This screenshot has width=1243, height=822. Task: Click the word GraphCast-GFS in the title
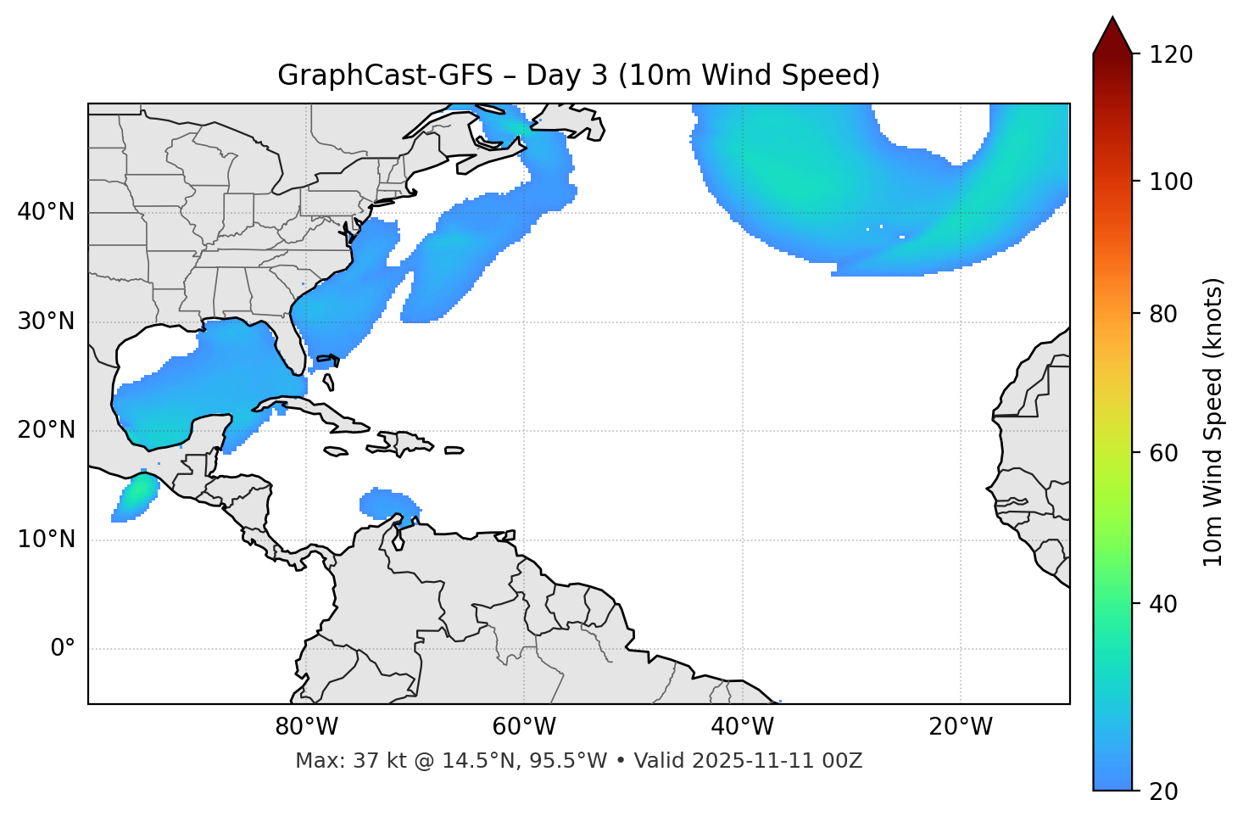[385, 75]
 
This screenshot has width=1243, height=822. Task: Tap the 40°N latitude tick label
[46, 212]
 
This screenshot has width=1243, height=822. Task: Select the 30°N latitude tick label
[46, 322]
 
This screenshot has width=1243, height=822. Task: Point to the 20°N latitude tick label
[46, 430]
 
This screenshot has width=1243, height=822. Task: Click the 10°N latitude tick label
[46, 540]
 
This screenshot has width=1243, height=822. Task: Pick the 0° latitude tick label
[63, 648]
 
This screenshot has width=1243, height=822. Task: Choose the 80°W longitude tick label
[306, 727]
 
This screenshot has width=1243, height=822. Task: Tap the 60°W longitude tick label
[524, 727]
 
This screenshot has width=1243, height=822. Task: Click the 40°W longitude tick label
[742, 727]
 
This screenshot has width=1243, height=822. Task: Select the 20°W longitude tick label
[960, 727]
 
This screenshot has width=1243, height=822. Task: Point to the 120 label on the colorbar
[1171, 54]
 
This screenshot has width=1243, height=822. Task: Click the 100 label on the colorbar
[1171, 182]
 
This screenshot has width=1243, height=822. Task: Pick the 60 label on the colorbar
[1164, 453]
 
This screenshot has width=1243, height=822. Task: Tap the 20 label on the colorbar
[1164, 791]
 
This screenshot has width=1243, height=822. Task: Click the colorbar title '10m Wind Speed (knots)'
[1213, 422]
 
